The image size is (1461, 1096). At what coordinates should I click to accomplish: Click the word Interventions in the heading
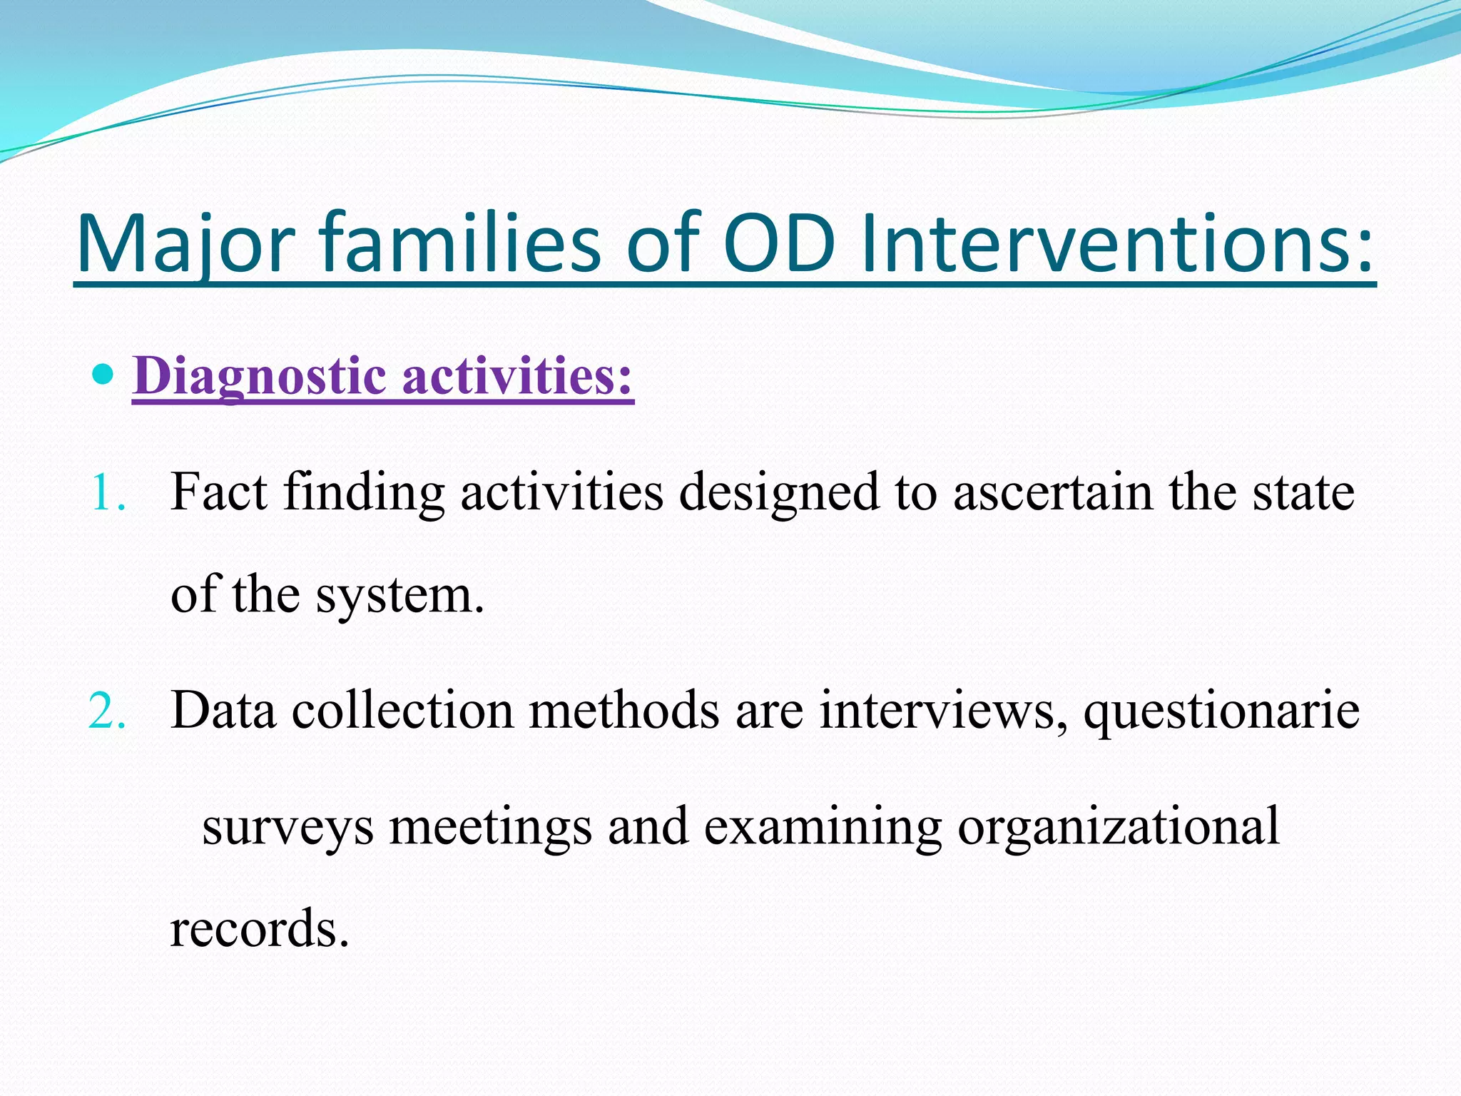[1116, 244]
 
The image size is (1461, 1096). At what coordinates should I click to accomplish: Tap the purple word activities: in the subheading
[518, 376]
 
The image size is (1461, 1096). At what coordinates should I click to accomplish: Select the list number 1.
[107, 493]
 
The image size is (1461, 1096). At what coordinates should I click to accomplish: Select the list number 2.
[107, 711]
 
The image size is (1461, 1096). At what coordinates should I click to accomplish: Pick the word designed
[778, 493]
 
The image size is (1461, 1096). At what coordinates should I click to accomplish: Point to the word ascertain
[1053, 493]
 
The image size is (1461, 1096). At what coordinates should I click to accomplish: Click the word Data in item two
[223, 711]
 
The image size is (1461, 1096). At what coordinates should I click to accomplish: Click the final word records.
[259, 930]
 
